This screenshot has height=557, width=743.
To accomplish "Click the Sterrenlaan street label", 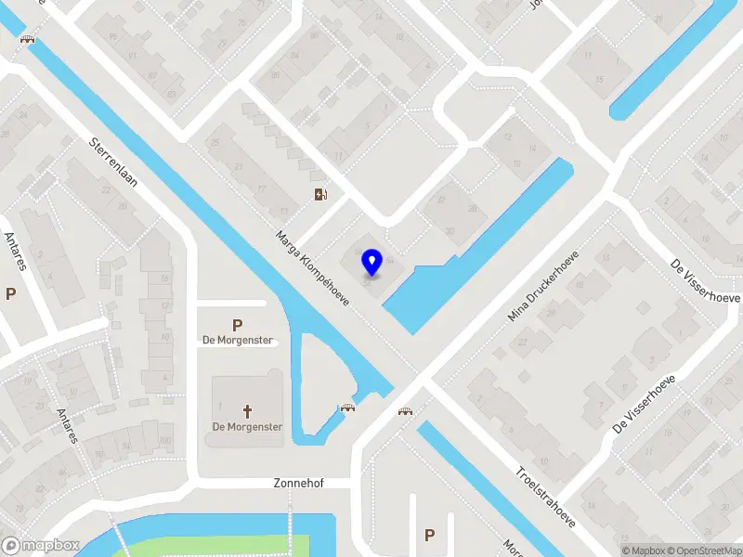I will point(112,162).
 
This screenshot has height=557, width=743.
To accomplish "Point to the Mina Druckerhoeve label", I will point(543,286).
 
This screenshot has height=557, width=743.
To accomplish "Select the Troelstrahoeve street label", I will point(545,495).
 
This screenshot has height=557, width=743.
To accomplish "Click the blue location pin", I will point(371,263).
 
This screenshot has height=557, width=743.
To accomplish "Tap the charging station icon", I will point(320,194).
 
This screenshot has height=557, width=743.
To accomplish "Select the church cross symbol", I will point(248,410).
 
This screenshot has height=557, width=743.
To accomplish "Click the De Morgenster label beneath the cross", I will point(247,427).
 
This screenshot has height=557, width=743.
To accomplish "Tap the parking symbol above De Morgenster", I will point(238,325).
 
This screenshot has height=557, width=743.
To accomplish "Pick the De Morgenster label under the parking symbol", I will point(238,340).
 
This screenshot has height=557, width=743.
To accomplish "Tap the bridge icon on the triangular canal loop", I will point(349,408).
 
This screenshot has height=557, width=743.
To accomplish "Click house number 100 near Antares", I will point(166,439).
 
